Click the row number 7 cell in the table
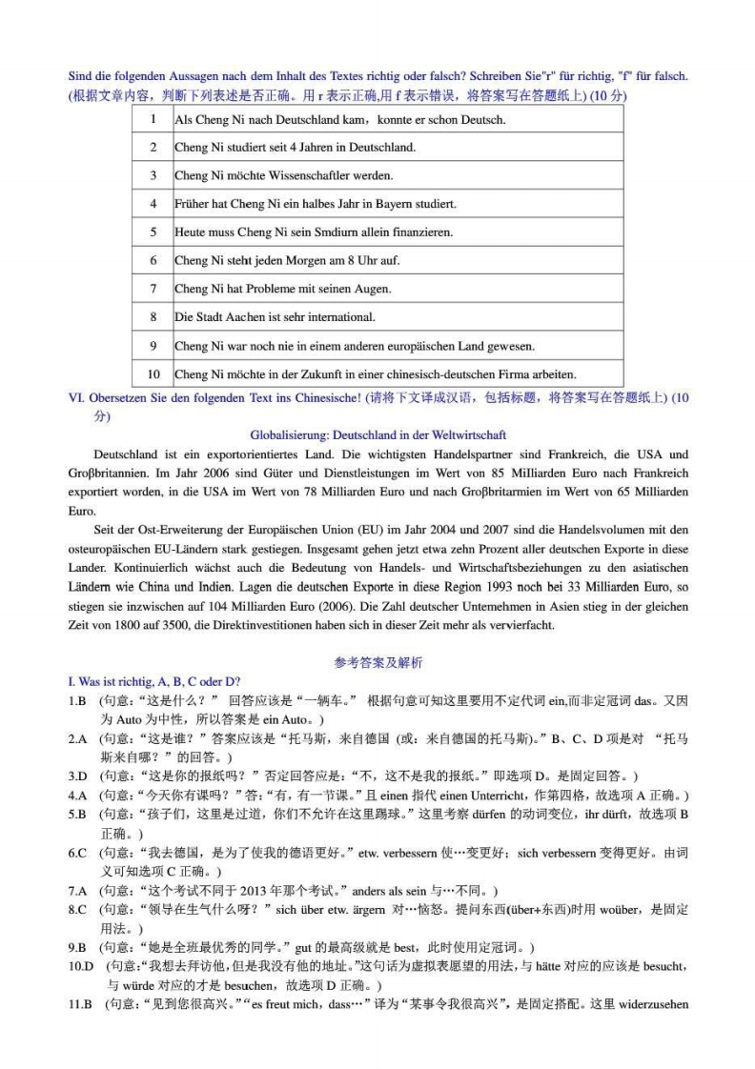[x=153, y=289]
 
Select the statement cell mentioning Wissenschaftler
[x=283, y=176]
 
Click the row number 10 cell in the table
[x=153, y=373]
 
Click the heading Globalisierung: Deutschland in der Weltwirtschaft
[x=377, y=434]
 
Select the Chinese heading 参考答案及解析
[x=377, y=663]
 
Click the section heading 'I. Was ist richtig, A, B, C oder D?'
[x=153, y=681]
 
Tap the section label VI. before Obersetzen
[x=76, y=397]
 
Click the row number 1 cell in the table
[x=153, y=120]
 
